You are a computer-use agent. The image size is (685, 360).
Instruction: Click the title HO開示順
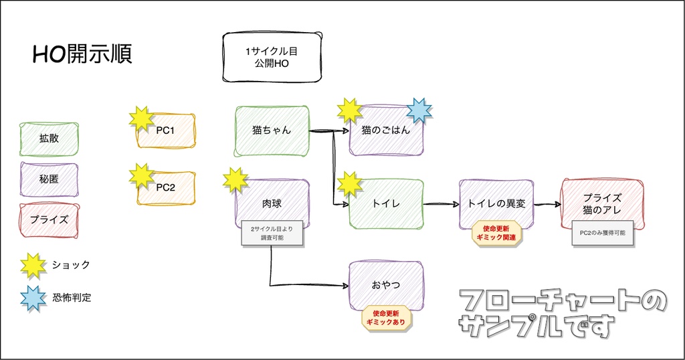(82, 54)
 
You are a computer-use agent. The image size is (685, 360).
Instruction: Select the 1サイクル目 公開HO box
(271, 58)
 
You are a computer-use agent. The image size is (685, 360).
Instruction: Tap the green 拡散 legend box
(49, 139)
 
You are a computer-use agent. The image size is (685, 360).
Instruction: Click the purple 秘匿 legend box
(49, 179)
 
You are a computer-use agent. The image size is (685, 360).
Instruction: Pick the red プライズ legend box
(49, 219)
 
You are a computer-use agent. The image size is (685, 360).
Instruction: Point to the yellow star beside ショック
(33, 265)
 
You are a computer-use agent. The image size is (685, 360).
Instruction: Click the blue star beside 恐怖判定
(33, 298)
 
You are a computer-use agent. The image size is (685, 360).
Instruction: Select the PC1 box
(166, 130)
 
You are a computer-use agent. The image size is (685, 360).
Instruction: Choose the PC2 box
(166, 187)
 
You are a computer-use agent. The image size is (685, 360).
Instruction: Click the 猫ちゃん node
(272, 130)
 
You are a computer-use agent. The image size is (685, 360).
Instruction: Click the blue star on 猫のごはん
(419, 110)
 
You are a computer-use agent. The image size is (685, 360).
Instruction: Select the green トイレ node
(386, 204)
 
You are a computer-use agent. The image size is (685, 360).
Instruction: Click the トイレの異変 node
(497, 203)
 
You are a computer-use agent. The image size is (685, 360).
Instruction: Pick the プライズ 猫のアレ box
(602, 203)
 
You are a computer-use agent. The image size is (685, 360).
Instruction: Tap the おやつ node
(386, 285)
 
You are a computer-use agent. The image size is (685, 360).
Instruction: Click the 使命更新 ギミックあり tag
(386, 318)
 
